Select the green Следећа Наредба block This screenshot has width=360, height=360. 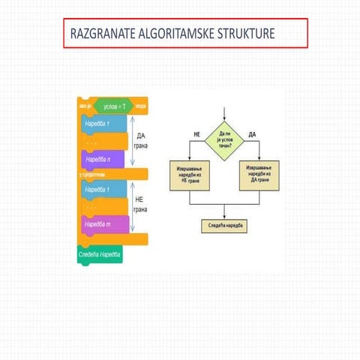click(100, 254)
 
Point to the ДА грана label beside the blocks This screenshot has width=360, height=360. click(140, 141)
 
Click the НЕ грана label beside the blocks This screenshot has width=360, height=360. click(140, 205)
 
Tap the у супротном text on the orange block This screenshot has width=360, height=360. click(93, 174)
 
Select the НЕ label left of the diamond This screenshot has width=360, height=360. click(197, 133)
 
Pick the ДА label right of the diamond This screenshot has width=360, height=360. click(252, 133)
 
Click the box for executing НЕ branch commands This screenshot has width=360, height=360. click(190, 173)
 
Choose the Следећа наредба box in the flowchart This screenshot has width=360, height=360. click(225, 225)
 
